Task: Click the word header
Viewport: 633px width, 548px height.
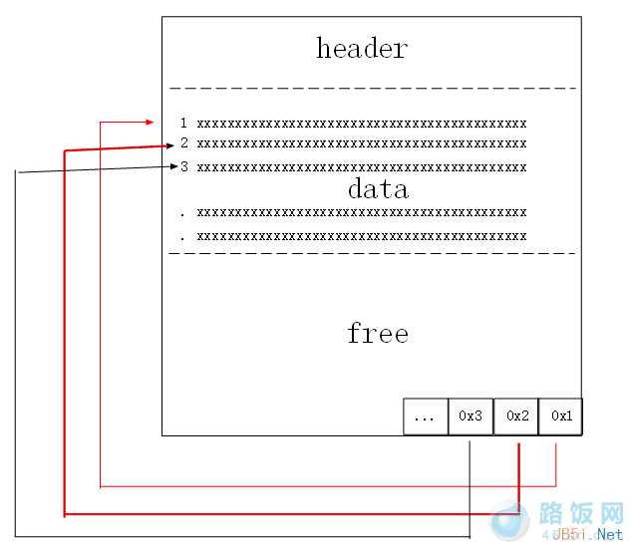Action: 362,48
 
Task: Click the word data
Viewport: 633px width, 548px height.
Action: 378,188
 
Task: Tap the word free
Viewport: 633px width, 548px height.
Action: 378,333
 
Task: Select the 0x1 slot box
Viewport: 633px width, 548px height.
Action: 561,416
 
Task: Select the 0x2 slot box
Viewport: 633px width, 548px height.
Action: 516,416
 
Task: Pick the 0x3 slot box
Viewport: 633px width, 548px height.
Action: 471,416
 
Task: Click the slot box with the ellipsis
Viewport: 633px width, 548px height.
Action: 426,416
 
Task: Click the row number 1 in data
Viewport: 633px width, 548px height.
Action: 183,124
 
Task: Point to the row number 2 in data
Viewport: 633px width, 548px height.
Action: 183,143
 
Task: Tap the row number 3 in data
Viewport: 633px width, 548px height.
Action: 183,166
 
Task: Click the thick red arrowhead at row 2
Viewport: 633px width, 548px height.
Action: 169,145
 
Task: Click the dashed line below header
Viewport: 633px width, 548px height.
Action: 373,89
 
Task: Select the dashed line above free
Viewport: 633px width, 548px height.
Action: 373,253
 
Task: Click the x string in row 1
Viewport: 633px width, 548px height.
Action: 361,124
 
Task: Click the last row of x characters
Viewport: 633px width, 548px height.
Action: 361,236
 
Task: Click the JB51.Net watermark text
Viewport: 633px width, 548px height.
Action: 588,535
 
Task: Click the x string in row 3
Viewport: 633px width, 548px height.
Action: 361,166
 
